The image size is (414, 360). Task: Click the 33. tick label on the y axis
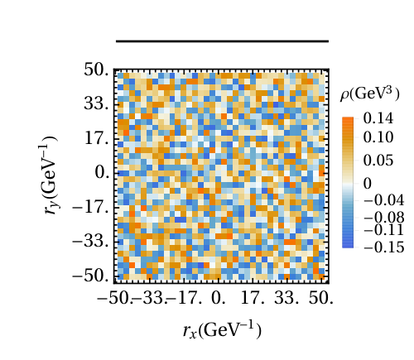(96, 104)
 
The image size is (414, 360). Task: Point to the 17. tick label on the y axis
(97, 138)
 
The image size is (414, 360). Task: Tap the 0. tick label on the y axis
(102, 173)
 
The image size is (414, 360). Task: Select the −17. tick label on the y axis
(91, 207)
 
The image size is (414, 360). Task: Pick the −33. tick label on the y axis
(91, 242)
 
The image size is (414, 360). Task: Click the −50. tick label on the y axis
(91, 276)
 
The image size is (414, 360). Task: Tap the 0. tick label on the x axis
(219, 298)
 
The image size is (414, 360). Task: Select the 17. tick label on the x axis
(253, 298)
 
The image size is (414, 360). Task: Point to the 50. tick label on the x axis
(321, 298)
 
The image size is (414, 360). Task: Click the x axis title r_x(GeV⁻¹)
(222, 330)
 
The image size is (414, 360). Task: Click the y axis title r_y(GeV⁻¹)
(48, 175)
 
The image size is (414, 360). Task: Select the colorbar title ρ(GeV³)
(370, 94)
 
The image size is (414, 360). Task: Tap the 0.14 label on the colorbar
(378, 118)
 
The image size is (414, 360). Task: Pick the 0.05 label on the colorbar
(378, 161)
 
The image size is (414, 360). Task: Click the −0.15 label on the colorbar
(384, 247)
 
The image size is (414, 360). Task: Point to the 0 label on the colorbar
(368, 184)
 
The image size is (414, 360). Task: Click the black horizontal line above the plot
(222, 41)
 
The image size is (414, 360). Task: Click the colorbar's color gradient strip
(348, 182)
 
